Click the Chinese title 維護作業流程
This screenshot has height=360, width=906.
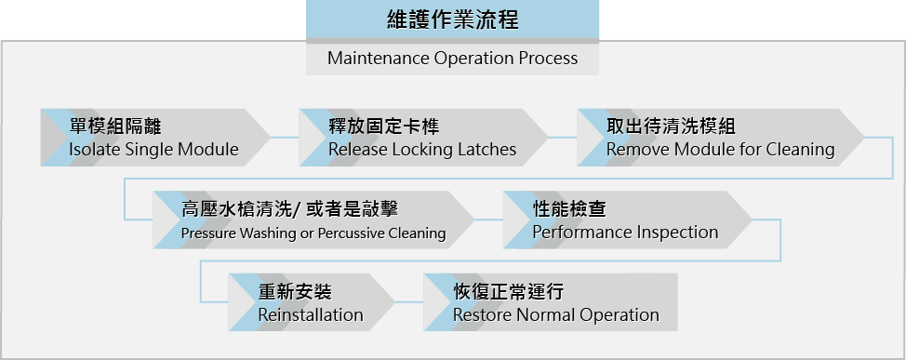click(x=452, y=20)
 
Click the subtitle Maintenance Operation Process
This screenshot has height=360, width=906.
click(x=452, y=59)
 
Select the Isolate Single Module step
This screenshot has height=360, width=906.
click(x=153, y=138)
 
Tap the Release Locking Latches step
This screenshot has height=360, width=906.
click(x=422, y=138)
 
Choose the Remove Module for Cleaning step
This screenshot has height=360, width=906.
click(x=720, y=138)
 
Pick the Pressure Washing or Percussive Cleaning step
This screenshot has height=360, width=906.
click(x=313, y=220)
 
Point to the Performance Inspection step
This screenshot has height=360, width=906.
click(x=625, y=220)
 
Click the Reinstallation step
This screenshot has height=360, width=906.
click(x=311, y=303)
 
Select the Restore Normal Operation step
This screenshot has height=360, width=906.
click(x=555, y=303)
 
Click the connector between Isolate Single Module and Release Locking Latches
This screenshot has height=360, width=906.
click(x=284, y=138)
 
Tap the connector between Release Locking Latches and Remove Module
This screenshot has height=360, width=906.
click(x=563, y=138)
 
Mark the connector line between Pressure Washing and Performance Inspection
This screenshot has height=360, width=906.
click(x=489, y=220)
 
